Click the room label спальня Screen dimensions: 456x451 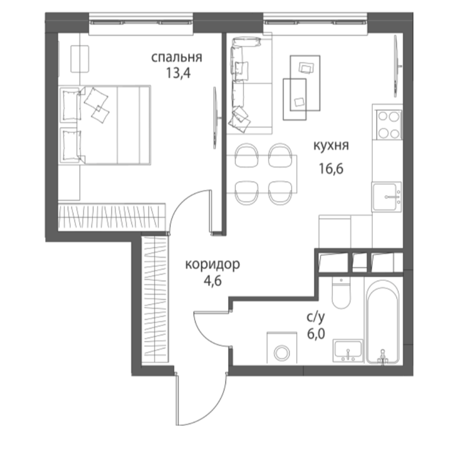pos(176,57)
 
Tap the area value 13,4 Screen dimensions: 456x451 pos(178,73)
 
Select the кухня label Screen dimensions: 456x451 pos(331,146)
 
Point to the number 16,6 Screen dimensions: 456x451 pos(331,168)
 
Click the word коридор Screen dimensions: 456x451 pos(213,265)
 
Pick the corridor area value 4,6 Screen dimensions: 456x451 pos(213,281)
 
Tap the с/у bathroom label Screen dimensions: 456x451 pos(316,317)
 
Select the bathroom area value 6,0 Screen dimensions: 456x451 pos(316,334)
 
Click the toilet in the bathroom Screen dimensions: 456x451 pos(341,293)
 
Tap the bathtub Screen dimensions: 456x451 pos(382,321)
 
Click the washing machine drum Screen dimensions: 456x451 pos(282,353)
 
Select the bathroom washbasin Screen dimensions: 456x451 pos(348,350)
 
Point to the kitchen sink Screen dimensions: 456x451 pos(386,197)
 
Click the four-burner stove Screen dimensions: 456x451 pos(389,125)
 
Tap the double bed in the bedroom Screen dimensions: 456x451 pos(105,125)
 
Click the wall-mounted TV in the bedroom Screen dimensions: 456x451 pos(216,118)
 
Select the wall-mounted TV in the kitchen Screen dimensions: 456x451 pos(396,66)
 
